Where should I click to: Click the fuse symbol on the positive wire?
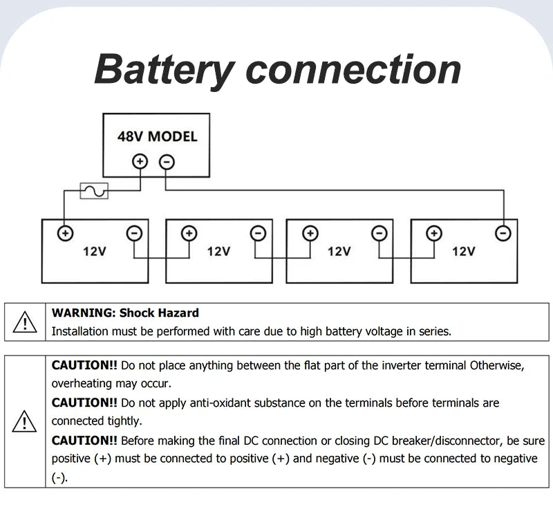[94, 191]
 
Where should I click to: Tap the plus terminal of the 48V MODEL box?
[140, 162]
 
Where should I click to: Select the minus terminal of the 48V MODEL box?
[167, 163]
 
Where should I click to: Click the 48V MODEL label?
[158, 136]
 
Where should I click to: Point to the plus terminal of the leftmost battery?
[65, 233]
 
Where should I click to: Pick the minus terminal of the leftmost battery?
[134, 233]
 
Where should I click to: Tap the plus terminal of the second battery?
[189, 233]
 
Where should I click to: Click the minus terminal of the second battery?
[258, 233]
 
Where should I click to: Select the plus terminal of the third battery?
[310, 233]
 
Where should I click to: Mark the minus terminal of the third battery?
[379, 233]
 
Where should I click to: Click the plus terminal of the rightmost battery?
[434, 233]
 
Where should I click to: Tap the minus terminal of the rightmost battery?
[503, 233]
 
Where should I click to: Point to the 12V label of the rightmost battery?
[463, 252]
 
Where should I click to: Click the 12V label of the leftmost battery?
[95, 252]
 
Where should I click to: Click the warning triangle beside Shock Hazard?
[25, 322]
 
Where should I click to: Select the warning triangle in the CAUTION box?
[24, 421]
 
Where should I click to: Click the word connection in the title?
[353, 69]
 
